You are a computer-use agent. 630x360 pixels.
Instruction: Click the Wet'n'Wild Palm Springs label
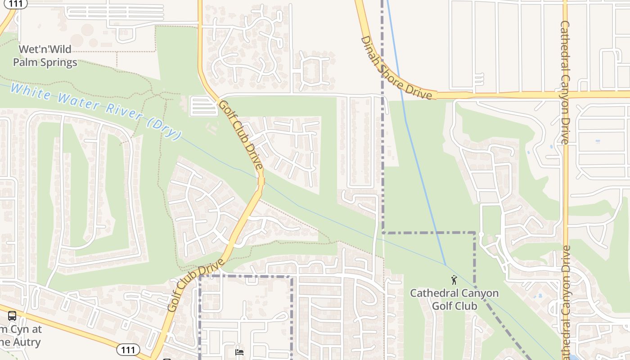(45, 55)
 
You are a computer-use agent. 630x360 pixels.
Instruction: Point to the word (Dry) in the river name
(166, 128)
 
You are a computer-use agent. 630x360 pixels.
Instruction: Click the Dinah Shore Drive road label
(398, 67)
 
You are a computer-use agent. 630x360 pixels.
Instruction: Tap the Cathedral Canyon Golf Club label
(454, 299)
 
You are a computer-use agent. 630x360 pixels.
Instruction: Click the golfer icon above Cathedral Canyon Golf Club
(454, 280)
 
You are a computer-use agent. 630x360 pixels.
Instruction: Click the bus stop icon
(12, 315)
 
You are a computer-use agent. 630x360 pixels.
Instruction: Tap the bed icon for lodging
(239, 352)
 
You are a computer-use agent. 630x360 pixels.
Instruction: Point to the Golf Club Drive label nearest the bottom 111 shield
(196, 286)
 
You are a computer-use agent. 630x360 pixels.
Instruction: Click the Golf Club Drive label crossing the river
(241, 135)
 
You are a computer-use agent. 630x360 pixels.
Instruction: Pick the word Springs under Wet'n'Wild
(57, 62)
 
